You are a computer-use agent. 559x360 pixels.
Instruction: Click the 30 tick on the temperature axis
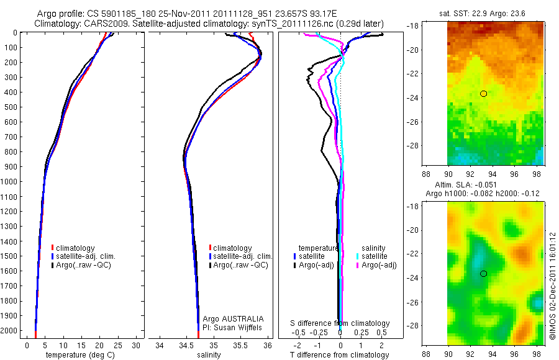coord(136,345)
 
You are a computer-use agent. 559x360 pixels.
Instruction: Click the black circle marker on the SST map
coord(483,94)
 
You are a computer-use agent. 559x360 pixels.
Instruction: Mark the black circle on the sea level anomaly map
coord(483,274)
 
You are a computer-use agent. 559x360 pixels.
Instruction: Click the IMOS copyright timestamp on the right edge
coord(552,287)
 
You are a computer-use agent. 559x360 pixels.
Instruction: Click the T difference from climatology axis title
coord(340,355)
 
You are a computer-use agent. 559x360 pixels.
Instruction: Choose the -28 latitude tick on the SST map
coord(439,145)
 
